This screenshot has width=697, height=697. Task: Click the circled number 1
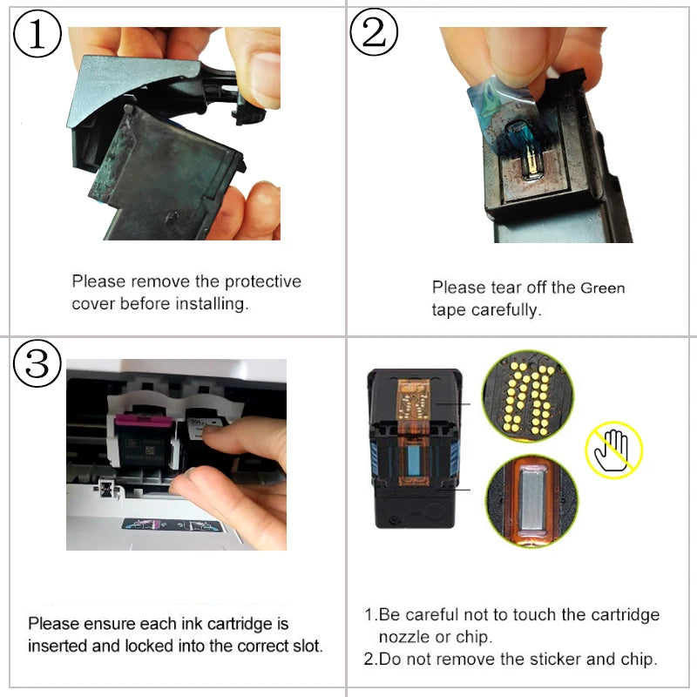tap(37, 34)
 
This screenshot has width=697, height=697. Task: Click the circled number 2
tap(374, 32)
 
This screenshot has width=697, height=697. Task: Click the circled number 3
tap(37, 363)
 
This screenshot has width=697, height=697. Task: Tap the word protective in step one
tap(263, 281)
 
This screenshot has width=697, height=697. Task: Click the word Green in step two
tap(603, 288)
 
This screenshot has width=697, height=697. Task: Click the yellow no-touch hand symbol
tap(614, 450)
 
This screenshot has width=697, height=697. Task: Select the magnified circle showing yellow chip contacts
tap(528, 396)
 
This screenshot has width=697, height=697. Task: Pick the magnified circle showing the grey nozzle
tap(532, 501)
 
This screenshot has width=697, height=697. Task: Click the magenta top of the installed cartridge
tap(143, 420)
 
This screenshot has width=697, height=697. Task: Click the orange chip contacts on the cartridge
tap(413, 400)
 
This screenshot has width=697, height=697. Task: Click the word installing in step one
tap(212, 304)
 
